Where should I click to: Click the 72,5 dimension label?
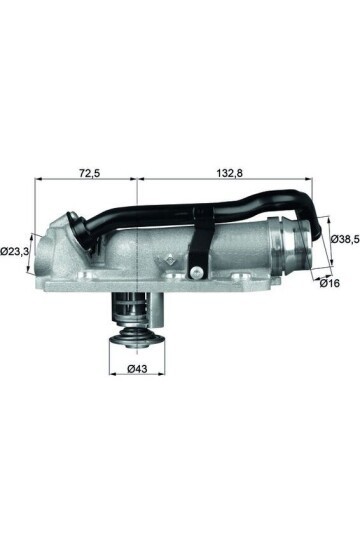89,173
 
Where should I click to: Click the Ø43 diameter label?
139,370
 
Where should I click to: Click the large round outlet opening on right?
303,249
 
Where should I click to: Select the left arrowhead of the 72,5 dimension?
39,182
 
